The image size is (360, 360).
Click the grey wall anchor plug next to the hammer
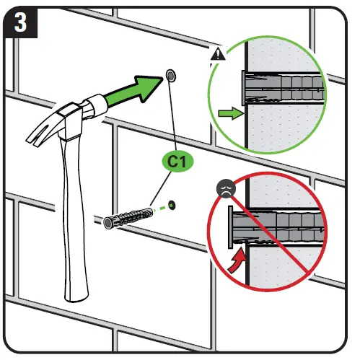130,215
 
